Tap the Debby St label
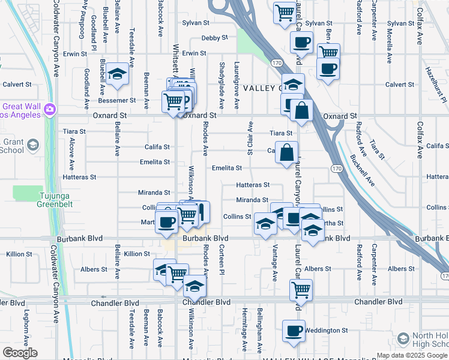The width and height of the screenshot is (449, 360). (214, 38)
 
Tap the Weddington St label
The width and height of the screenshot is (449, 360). (327, 331)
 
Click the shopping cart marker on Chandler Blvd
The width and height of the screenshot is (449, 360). (301, 290)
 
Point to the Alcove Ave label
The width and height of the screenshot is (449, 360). (71, 154)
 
